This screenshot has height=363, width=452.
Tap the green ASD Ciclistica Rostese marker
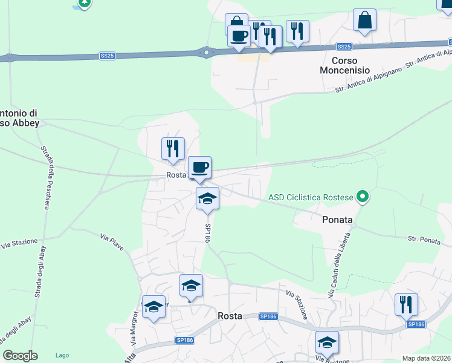point(363,197)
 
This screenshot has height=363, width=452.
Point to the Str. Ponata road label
point(424,240)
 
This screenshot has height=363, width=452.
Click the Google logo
point(20,356)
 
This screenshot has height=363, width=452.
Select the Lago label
point(62,355)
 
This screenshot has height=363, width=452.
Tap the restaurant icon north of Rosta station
point(173,149)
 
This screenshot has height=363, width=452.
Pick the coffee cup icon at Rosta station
point(200,167)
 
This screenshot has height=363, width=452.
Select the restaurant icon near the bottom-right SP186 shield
point(406,304)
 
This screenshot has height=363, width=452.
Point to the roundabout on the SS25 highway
point(206,53)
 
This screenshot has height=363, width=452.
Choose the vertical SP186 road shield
point(207,233)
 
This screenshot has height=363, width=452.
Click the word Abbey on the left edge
point(24,123)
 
